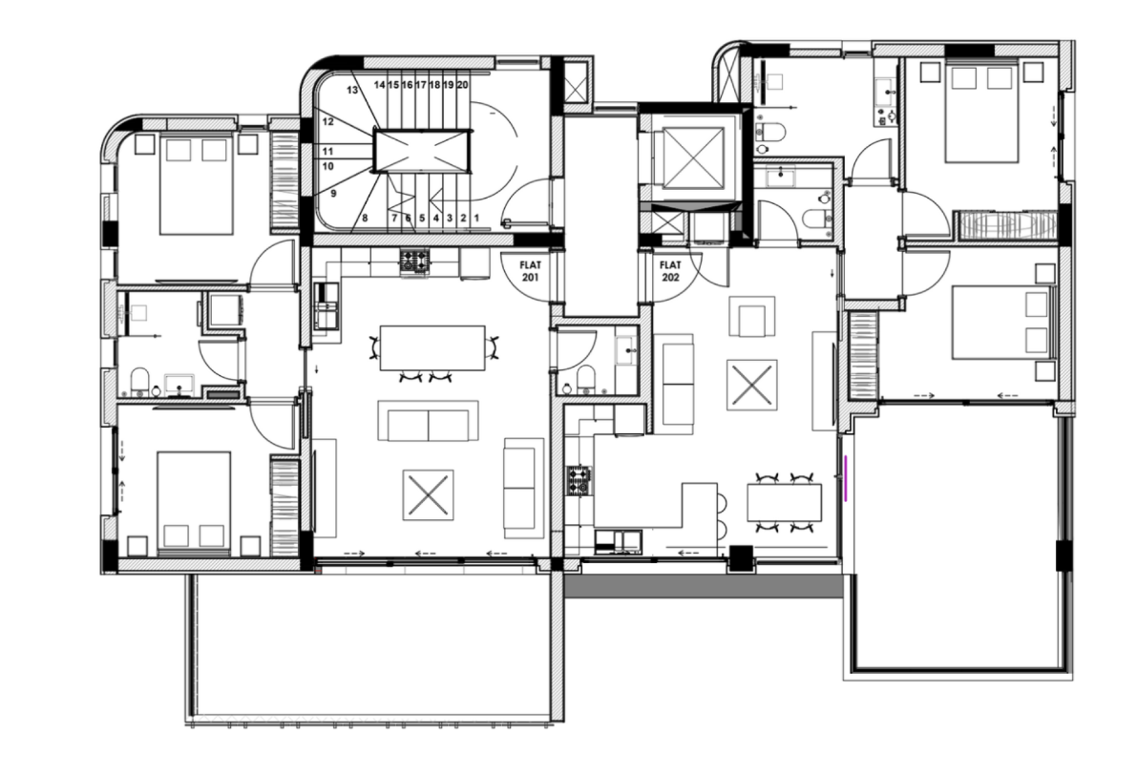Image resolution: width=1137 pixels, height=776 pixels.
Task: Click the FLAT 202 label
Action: (x=670, y=270)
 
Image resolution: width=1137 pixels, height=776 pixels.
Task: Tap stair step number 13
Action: (x=352, y=91)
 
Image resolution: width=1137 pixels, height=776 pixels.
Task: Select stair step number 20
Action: (x=463, y=85)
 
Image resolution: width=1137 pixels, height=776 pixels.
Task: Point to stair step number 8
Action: (x=365, y=219)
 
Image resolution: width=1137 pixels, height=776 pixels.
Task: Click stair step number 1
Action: (x=475, y=219)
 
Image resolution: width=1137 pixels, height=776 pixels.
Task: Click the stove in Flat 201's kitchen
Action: (x=413, y=261)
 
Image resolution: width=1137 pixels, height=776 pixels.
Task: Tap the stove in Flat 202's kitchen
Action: (x=579, y=479)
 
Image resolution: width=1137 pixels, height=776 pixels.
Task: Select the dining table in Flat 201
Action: (x=432, y=347)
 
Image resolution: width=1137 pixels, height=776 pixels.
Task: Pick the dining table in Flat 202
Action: (x=784, y=502)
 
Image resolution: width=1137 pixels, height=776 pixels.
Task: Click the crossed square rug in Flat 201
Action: (x=428, y=494)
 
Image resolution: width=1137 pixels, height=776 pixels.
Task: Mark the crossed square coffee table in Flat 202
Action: (x=751, y=384)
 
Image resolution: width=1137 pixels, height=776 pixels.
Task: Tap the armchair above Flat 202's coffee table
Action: (x=752, y=317)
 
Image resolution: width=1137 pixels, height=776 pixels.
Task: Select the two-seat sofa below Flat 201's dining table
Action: (x=428, y=421)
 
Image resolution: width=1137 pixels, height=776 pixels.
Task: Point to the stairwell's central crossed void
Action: (x=422, y=151)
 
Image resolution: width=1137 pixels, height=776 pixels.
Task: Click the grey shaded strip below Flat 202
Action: (x=703, y=585)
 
